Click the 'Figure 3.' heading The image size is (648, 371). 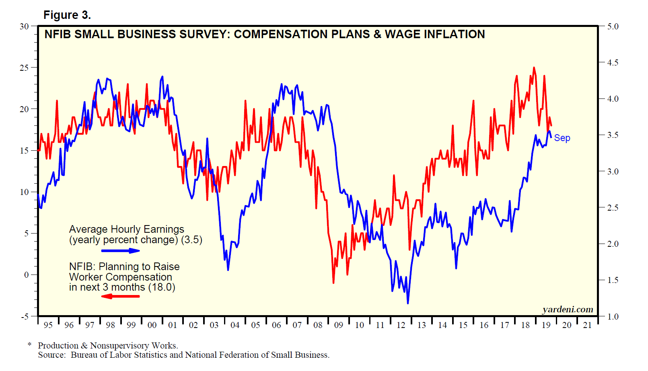point(67,15)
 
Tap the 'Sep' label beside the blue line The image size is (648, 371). point(562,138)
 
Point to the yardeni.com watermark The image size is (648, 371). point(568,309)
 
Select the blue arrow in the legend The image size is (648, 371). point(121,251)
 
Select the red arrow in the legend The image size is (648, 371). point(120,296)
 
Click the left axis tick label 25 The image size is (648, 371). point(24,68)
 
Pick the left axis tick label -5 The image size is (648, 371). point(25,316)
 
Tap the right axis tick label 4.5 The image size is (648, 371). point(613,63)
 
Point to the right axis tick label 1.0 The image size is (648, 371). point(613,317)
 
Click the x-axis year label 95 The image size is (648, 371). point(48,325)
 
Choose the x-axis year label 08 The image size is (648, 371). point(318,325)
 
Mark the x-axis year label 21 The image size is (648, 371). point(587,325)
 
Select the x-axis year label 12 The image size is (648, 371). point(401,325)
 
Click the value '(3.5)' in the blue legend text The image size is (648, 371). point(191,240)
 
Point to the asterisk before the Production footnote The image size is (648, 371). point(29,345)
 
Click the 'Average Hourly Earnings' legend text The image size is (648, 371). point(126,229)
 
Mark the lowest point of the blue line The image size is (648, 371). point(407,303)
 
